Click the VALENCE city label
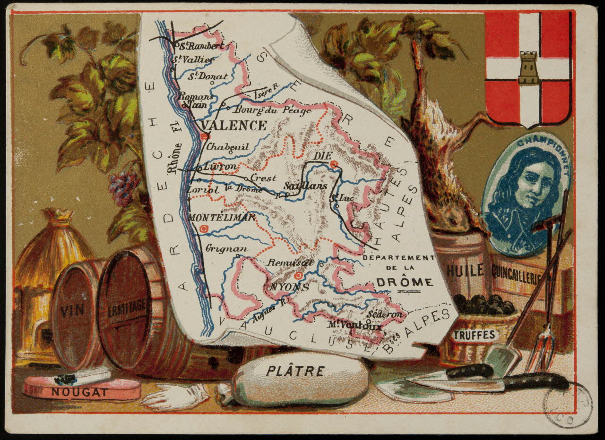(x=233, y=126)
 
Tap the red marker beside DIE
(x=335, y=164)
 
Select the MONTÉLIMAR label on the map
(x=222, y=218)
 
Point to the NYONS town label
(x=283, y=287)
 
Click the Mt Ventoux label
(x=354, y=325)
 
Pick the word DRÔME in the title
(x=404, y=282)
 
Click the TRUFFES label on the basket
(x=474, y=335)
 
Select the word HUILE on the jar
(x=465, y=271)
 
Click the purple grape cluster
(x=123, y=187)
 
